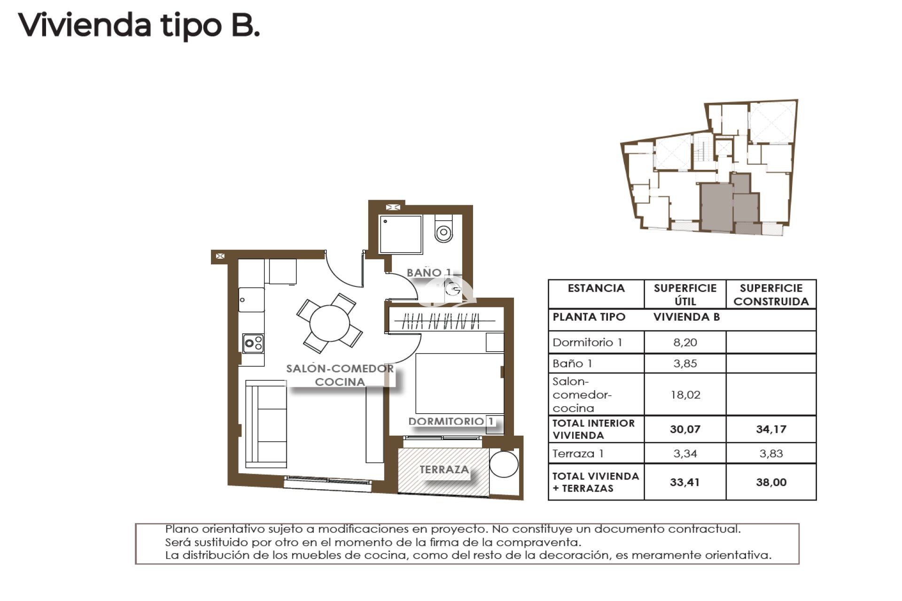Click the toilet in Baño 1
[x=443, y=229]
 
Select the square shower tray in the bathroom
[x=401, y=235]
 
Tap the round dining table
[x=330, y=323]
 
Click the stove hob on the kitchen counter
[x=253, y=343]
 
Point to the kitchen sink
[x=251, y=300]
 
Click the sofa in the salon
[x=266, y=424]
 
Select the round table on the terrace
[x=504, y=464]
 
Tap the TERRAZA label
[x=444, y=470]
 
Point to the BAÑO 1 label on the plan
[x=428, y=272]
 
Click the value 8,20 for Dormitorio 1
[x=685, y=342]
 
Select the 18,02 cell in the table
[x=685, y=394]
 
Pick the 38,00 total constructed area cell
[x=771, y=482]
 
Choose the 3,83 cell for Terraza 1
[x=771, y=454]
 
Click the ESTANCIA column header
[x=596, y=288]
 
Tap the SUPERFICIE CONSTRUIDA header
[x=771, y=295]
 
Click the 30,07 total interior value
[x=685, y=429]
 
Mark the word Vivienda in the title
[x=85, y=25]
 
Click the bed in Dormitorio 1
[x=459, y=383]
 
